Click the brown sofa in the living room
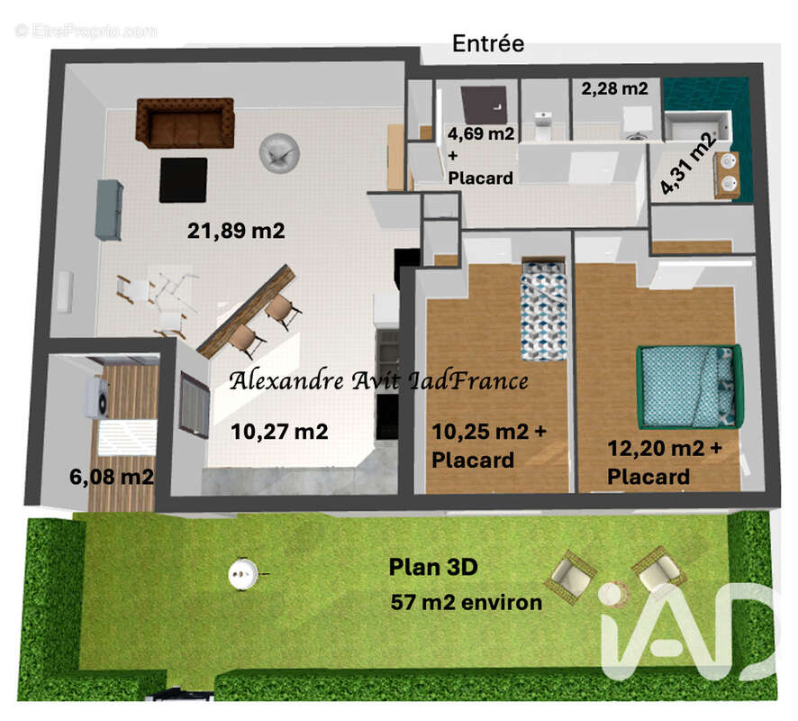185,123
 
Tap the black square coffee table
183,179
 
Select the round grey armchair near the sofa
277,151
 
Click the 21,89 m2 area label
236,231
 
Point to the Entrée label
487,43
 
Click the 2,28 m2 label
614,88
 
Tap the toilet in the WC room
543,125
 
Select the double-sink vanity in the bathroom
727,175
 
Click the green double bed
689,386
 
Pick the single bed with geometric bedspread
543,309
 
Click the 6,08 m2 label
111,476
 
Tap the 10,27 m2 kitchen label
279,432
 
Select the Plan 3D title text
432,568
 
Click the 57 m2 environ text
467,602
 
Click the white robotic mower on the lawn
243,570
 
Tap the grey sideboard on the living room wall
108,209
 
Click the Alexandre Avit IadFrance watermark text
378,381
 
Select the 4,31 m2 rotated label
688,162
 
